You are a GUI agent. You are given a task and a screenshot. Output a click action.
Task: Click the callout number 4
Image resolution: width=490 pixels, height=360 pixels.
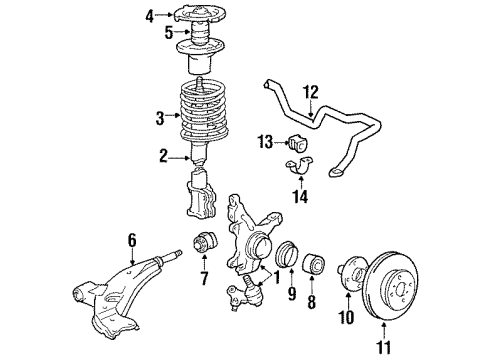[x=150, y=15]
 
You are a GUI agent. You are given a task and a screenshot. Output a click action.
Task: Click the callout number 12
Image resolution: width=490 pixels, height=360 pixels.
[x=311, y=92]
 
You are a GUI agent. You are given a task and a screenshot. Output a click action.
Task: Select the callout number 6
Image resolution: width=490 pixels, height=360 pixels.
[x=130, y=239]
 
